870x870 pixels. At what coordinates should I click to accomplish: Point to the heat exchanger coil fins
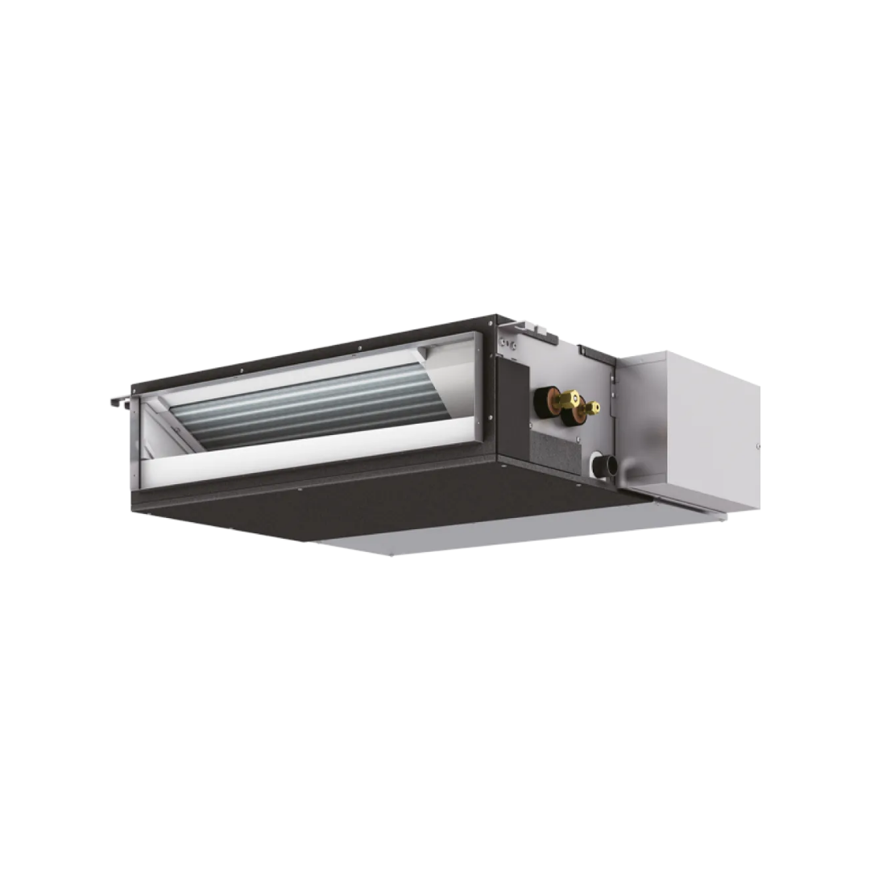[314, 407]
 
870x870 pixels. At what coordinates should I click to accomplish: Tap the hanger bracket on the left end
[119, 401]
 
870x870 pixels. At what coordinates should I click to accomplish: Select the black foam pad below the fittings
[556, 453]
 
